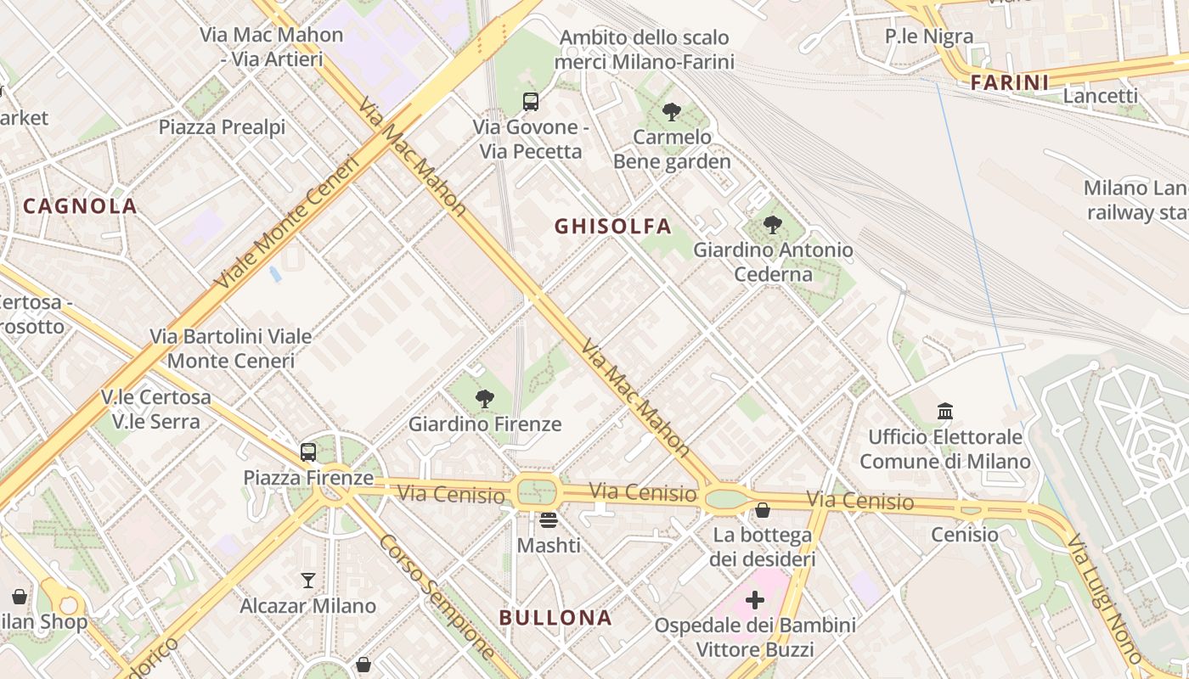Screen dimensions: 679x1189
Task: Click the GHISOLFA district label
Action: point(612,226)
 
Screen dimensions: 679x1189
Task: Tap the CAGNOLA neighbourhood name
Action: point(80,205)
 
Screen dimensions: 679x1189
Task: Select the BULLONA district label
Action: point(555,617)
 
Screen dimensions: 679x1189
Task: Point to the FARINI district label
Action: point(1009,82)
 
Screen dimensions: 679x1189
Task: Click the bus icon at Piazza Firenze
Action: point(308,452)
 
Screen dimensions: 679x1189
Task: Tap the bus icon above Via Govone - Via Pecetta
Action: point(531,102)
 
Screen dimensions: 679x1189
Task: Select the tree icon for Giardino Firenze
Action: point(485,398)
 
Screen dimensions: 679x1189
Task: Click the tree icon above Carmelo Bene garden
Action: point(672,111)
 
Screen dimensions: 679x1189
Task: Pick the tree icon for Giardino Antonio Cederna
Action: point(773,225)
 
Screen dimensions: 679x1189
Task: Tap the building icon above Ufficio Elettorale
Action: point(945,412)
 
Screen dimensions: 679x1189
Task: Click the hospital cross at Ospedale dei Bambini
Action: point(754,601)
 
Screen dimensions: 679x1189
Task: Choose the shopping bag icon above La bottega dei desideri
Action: point(763,510)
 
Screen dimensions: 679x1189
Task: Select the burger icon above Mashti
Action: point(549,519)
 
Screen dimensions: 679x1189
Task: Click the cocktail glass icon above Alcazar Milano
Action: point(308,581)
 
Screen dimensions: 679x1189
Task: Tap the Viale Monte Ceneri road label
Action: point(285,222)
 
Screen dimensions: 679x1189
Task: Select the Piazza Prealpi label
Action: point(222,126)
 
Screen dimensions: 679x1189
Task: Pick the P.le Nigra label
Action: point(929,36)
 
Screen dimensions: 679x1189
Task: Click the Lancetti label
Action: point(1100,96)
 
